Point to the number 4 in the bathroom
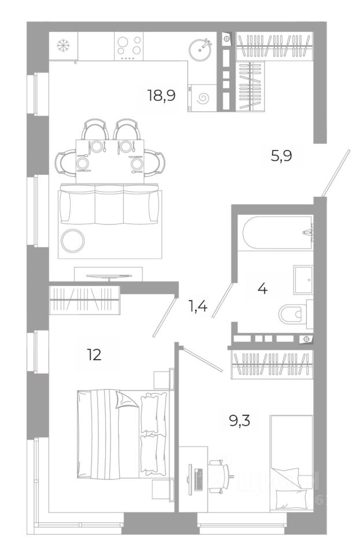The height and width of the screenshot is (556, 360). [262, 288]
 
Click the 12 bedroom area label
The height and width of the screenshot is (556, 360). [94, 354]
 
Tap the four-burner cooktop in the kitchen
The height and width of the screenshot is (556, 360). [130, 45]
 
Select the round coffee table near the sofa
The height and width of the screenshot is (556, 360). [73, 240]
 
